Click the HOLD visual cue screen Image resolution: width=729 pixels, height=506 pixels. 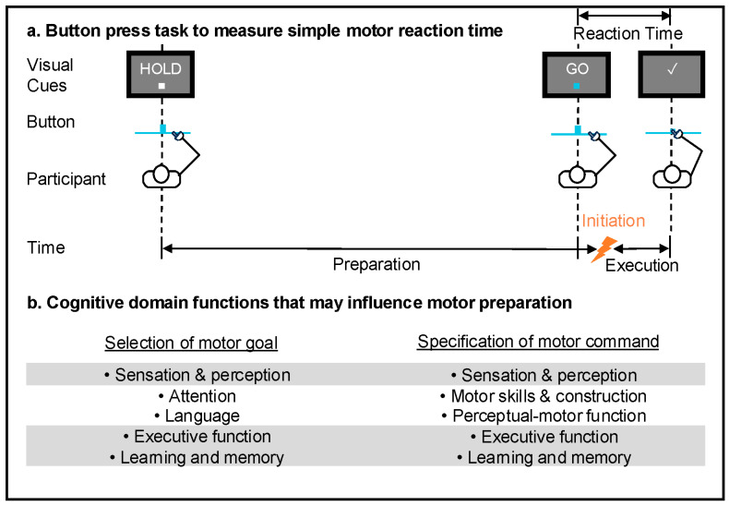point(161,75)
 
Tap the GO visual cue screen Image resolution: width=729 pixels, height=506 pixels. point(577,75)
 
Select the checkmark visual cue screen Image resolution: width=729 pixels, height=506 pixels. point(671,75)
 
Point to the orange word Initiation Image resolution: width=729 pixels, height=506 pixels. point(613,223)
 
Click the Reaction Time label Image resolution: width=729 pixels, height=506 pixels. point(627,34)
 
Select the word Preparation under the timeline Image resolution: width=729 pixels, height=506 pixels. point(376,264)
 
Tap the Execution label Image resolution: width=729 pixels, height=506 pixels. point(641,265)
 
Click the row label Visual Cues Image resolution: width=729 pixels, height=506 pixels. point(76,75)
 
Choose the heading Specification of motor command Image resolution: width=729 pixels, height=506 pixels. point(538,342)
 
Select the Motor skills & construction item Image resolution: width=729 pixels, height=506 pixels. point(544,396)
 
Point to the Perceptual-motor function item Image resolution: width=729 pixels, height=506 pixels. point(544,416)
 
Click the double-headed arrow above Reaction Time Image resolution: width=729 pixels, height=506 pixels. point(624,13)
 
